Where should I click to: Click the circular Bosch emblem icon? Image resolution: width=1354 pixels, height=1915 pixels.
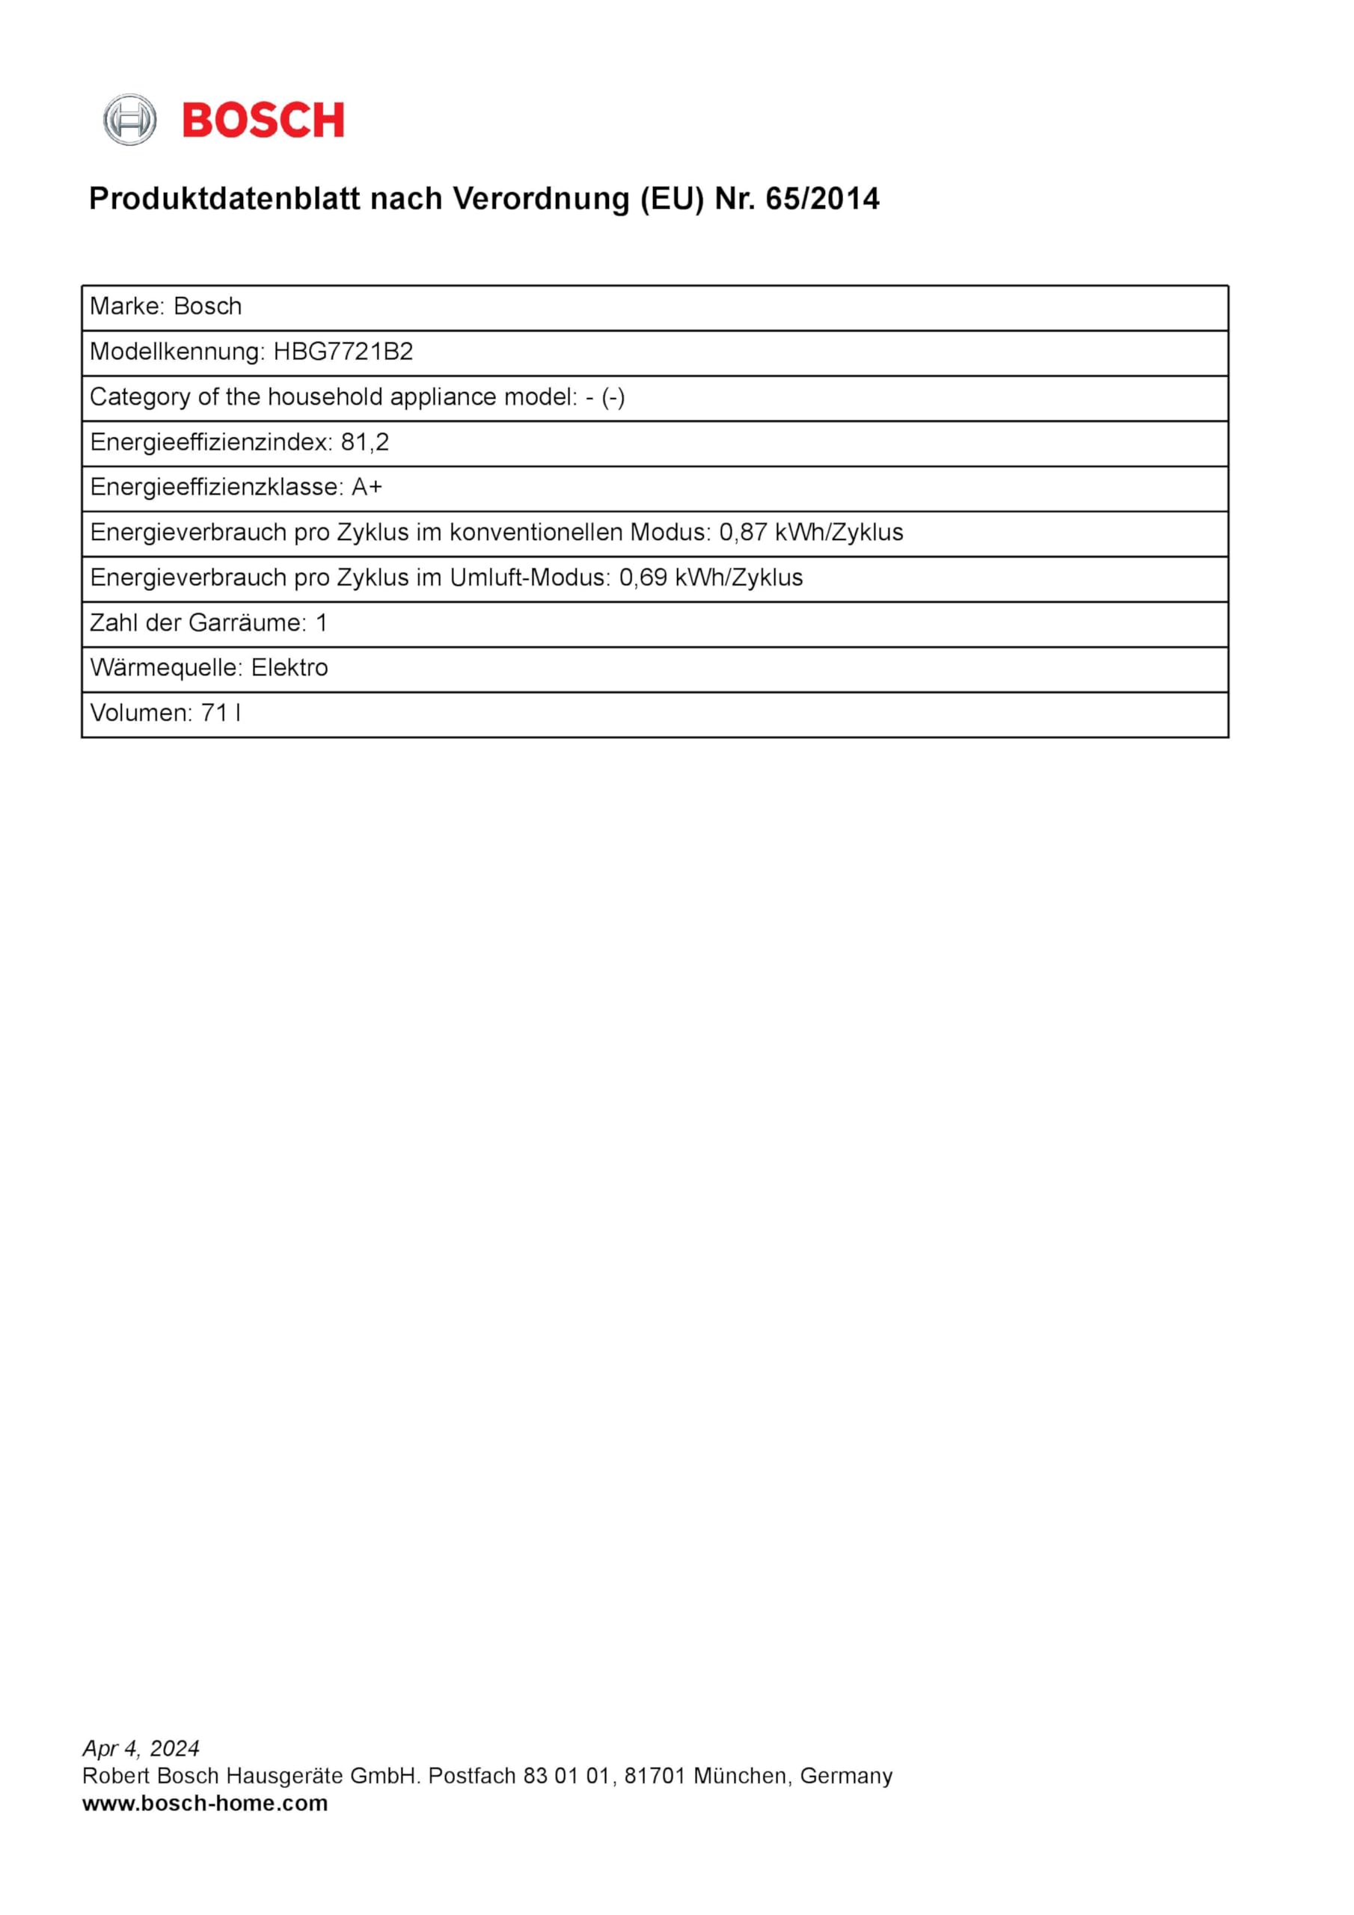coord(129,120)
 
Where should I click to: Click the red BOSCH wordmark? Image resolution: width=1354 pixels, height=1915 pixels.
coord(263,120)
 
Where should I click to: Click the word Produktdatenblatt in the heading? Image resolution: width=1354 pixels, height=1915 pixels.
coord(225,199)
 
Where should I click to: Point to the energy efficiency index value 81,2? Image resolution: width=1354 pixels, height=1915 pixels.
coord(364,442)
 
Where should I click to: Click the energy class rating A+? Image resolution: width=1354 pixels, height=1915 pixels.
coord(367,487)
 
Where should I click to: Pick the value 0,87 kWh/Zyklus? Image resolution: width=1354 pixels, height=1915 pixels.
coord(811,532)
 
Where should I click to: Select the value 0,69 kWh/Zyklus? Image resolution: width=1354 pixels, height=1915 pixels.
coord(711,577)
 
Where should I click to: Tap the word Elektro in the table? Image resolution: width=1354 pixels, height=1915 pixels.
coord(290,667)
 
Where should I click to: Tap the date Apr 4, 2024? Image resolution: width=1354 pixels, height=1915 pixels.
coord(141,1747)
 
